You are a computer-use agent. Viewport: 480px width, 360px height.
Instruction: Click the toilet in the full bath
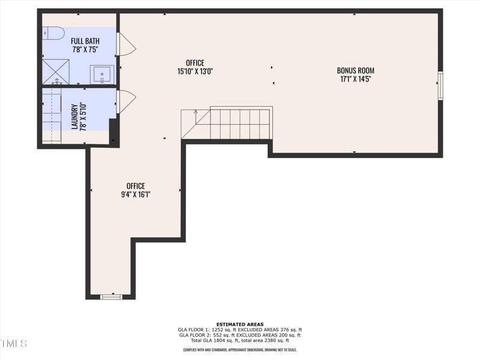tap(53, 34)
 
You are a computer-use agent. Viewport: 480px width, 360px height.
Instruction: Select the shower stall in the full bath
tap(58, 73)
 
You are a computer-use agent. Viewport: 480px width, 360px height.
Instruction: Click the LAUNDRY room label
tap(75, 116)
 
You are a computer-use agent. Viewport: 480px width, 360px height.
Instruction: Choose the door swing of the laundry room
tap(125, 101)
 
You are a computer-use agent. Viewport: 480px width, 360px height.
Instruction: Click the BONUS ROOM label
tap(355, 71)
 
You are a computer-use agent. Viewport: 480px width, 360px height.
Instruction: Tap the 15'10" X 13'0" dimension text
tap(195, 71)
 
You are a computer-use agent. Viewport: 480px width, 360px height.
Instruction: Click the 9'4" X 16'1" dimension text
tap(135, 194)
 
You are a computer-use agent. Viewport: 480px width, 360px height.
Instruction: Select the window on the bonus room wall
tap(440, 85)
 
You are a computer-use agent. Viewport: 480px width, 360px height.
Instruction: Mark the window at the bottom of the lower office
tap(111, 296)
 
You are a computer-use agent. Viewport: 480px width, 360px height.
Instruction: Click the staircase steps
tap(234, 123)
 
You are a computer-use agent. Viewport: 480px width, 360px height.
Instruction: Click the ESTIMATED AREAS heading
tap(240, 324)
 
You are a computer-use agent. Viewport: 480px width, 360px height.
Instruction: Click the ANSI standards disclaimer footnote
tap(240, 350)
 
